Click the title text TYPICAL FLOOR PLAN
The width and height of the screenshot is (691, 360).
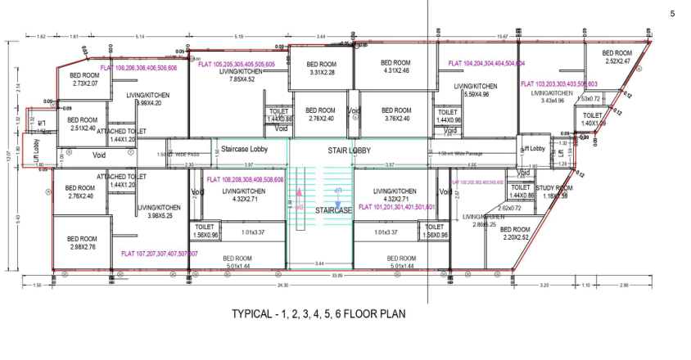coord(318,313)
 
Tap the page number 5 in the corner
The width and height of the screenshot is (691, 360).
coord(673,14)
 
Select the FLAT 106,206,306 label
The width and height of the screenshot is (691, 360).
coord(144,69)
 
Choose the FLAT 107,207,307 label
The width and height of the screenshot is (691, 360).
coord(159,254)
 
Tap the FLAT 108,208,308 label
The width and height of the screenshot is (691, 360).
coord(245,178)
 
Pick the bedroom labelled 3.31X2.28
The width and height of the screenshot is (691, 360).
coord(323,68)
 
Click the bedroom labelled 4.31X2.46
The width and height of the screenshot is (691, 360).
coord(395,66)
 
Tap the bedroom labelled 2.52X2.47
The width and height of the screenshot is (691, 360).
coord(617,57)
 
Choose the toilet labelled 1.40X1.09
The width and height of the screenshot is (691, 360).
coord(593,119)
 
